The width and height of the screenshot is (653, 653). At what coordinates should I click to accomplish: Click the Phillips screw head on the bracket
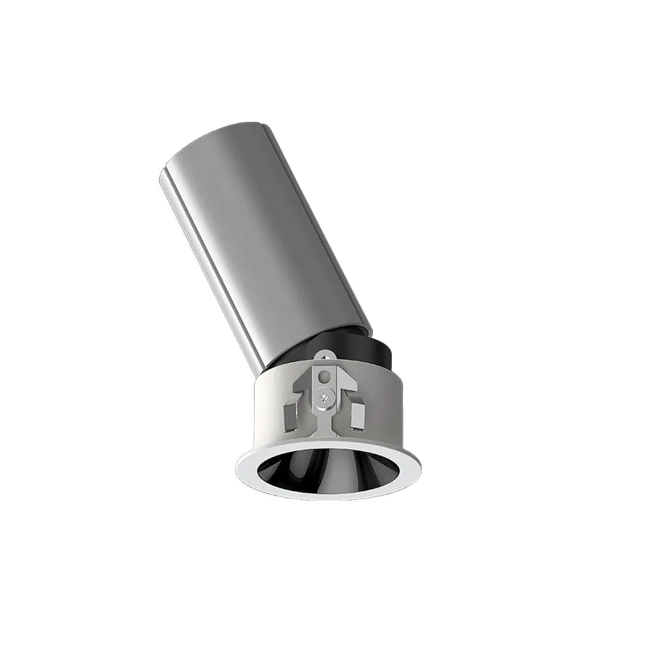[x=323, y=396]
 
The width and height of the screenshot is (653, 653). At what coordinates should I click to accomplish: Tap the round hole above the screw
[x=324, y=377]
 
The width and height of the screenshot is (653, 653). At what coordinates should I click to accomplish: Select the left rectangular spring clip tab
[x=289, y=416]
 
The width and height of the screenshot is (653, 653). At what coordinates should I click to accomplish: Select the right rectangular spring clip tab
[x=357, y=416]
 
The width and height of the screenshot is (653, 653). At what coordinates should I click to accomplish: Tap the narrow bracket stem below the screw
[x=324, y=417]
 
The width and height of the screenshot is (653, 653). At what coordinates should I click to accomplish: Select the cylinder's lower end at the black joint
[x=312, y=341]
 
